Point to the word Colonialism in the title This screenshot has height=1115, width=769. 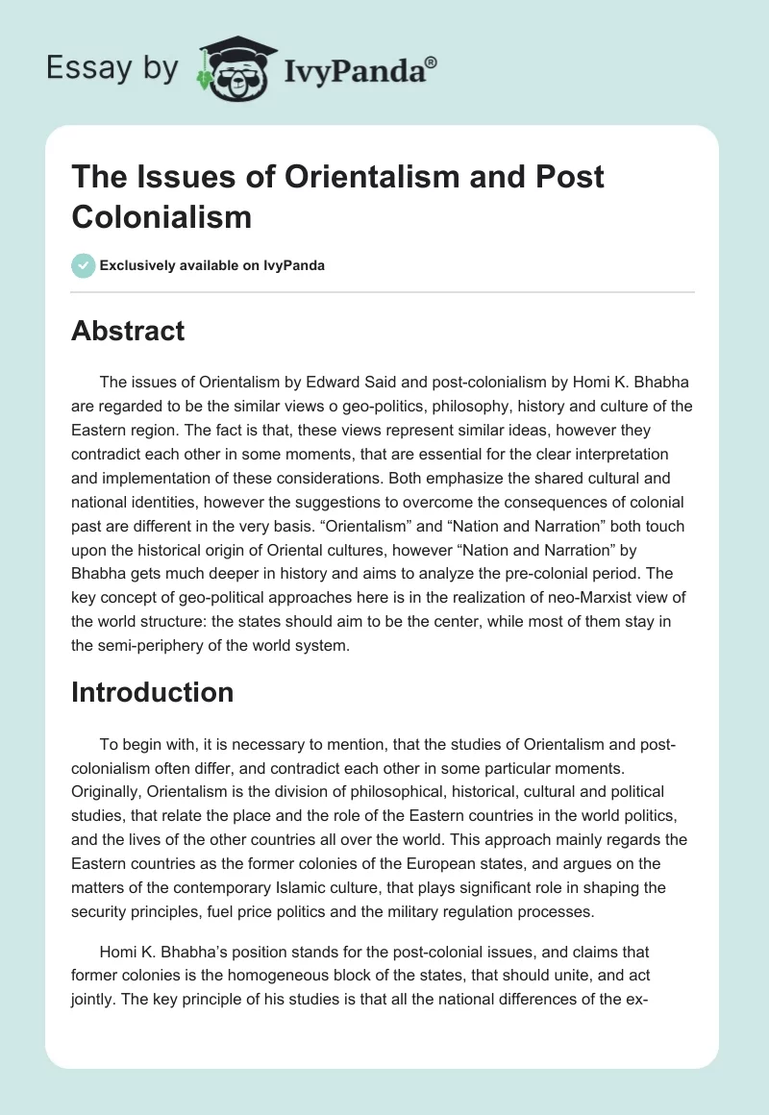tap(161, 216)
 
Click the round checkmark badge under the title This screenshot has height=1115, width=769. tap(84, 266)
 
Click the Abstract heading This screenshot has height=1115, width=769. tap(128, 332)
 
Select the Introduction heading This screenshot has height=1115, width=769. tap(153, 692)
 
